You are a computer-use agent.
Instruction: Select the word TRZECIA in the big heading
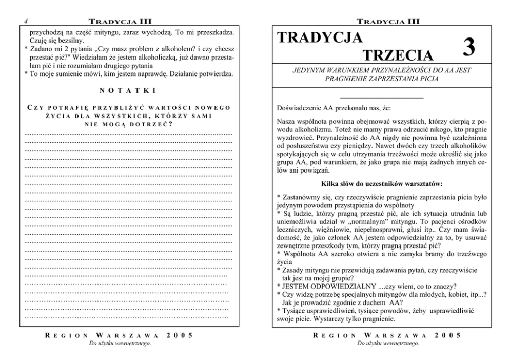[398, 55]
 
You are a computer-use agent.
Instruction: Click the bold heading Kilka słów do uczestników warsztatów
[382, 183]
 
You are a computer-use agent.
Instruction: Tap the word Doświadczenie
[300, 109]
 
